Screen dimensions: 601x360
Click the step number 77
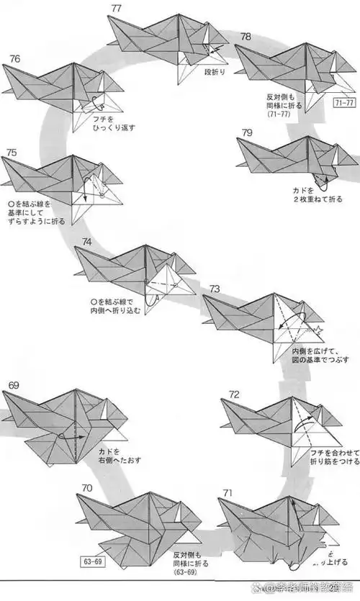tap(117, 8)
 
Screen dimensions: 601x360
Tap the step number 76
tap(14, 58)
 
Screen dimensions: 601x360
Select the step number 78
tap(246, 37)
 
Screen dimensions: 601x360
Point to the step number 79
tap(246, 132)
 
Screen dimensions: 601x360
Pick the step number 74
tap(86, 242)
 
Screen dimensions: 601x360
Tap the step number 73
tap(215, 289)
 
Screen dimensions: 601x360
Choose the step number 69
tap(14, 386)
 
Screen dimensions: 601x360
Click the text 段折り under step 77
tap(215, 72)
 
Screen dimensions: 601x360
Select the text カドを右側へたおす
tap(117, 456)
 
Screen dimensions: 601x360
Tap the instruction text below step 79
tap(311, 194)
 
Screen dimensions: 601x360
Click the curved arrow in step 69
tap(69, 435)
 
